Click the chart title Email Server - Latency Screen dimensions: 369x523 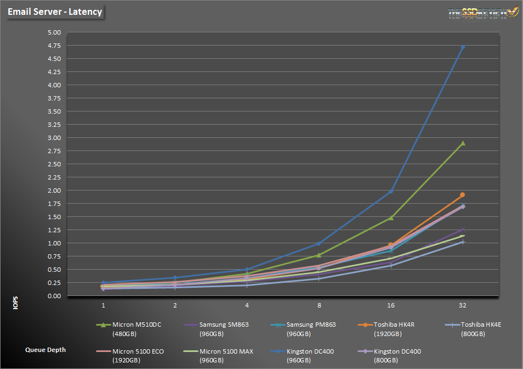[x=55, y=12]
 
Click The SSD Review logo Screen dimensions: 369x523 [x=483, y=12]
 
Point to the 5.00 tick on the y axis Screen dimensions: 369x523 [x=54, y=32]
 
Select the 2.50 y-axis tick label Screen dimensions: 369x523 [x=54, y=164]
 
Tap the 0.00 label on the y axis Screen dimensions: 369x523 [x=54, y=296]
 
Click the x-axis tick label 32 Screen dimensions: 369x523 [x=463, y=304]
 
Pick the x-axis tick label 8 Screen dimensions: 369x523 [x=319, y=304]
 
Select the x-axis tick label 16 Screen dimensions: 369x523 [x=391, y=304]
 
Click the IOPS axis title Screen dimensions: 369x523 [x=15, y=303]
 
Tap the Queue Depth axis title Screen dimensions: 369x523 [x=46, y=349]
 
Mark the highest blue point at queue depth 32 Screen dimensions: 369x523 [x=463, y=47]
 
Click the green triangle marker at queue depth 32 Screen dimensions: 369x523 [x=463, y=143]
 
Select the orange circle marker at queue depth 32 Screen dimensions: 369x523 [x=463, y=195]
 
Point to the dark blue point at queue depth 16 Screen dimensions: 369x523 [x=391, y=192]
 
